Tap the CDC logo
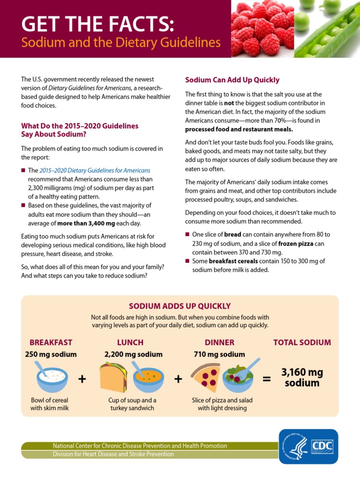308,446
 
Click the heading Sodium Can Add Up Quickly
232,80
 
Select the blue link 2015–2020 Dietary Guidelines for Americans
95,171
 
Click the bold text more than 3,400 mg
86,223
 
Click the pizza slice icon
206,377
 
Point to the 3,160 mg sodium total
302,377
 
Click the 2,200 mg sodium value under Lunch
133,354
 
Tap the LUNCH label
130,342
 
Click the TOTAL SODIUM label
302,342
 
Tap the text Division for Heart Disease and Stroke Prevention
113,454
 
